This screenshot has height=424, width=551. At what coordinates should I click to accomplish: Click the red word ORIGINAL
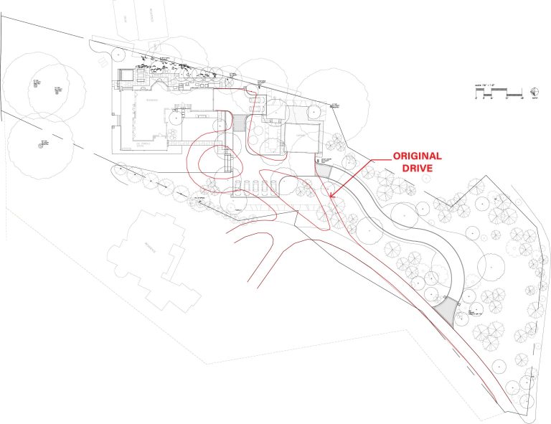(x=416, y=156)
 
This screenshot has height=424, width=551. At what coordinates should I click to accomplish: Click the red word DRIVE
(x=416, y=169)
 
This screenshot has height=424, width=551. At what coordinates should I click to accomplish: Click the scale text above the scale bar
(x=486, y=85)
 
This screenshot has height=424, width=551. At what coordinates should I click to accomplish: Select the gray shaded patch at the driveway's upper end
(x=324, y=172)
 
